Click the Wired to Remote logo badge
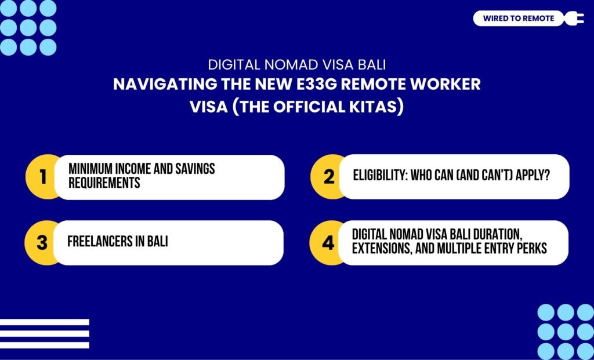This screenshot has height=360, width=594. tap(518, 19)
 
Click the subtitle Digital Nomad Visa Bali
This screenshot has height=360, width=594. tap(296, 64)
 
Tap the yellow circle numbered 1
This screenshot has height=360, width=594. tap(42, 177)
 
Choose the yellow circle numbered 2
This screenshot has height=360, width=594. tap(328, 177)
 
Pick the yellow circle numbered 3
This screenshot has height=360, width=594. tap(42, 242)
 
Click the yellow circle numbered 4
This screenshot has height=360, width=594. tap(328, 242)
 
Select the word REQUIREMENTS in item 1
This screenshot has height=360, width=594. tap(103, 184)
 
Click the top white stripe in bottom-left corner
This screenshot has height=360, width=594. tap(44, 322)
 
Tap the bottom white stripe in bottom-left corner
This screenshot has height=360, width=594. tap(44, 345)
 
